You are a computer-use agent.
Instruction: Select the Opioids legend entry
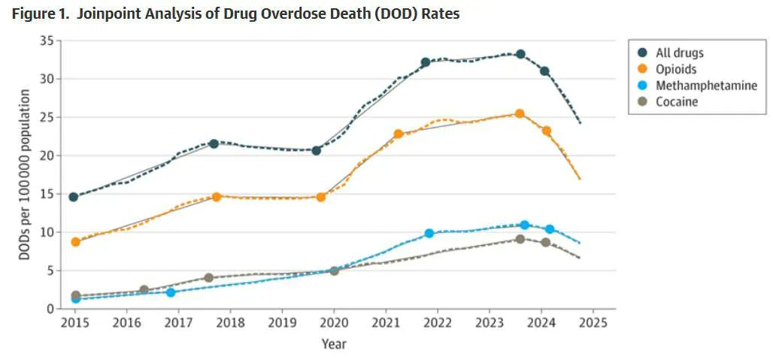pos(676,69)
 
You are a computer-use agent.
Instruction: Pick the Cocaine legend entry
pos(677,101)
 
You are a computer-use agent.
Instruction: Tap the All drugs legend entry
pos(680,53)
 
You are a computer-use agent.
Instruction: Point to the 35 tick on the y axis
pos(46,41)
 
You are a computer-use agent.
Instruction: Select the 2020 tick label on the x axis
pos(334,324)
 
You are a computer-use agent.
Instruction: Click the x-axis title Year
pos(334,343)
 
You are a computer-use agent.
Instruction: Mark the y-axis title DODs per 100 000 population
pos(25,175)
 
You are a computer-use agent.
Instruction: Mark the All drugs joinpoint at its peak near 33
pos(520,55)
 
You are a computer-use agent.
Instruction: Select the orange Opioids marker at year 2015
pos(75,242)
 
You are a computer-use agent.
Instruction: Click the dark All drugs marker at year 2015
pos(74,197)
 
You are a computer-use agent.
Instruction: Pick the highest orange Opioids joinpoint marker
pos(520,114)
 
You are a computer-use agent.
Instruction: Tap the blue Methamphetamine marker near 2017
pos(171,292)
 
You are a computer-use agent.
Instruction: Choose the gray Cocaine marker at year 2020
pos(334,271)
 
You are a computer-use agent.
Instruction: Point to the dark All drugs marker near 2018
pos(214,144)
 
